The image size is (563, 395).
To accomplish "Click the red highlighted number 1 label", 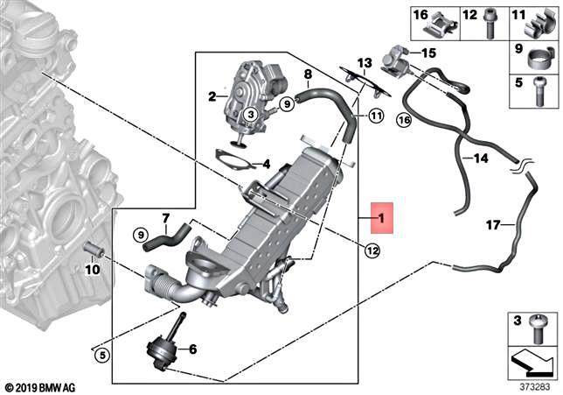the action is tap(382, 218).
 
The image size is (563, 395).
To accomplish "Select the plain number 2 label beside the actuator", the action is tap(212, 96).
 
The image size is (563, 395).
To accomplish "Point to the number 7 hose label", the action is tap(165, 218).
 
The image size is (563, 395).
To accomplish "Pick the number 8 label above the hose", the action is tap(308, 74).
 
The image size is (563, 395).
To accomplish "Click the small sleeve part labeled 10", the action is tap(94, 250).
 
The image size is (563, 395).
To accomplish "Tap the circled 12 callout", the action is tap(372, 250).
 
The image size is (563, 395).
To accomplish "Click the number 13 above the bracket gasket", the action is tap(365, 63).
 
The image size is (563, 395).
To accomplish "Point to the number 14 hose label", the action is tap(481, 158).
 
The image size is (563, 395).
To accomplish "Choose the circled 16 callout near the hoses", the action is tap(404, 120).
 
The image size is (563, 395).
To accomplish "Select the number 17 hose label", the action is tap(493, 225).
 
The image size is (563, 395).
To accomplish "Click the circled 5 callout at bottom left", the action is tap(102, 356).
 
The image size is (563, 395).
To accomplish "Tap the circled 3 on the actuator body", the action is tap(251, 115).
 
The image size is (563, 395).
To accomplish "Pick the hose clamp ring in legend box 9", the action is tap(539, 59).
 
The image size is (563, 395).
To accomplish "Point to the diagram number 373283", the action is tap(535, 387).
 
